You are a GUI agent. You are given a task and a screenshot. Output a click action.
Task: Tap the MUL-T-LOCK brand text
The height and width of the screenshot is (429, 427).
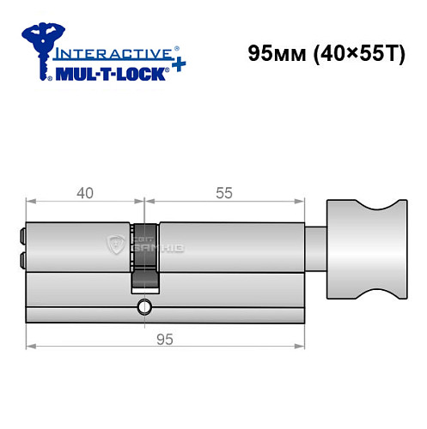pyautogui.click(x=110, y=72)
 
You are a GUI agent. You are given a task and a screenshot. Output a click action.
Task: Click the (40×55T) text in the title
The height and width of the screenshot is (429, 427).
pyautogui.click(x=353, y=52)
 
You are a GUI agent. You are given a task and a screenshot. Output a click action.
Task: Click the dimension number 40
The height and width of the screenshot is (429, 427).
pyautogui.click(x=84, y=192)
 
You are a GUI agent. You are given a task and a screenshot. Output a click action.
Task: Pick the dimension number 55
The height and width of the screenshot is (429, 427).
pyautogui.click(x=224, y=192)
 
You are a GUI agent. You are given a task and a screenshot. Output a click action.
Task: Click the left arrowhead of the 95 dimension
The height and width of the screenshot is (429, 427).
pyautogui.click(x=31, y=347)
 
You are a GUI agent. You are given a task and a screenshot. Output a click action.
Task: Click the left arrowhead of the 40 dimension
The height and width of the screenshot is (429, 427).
pyautogui.click(x=31, y=203)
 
